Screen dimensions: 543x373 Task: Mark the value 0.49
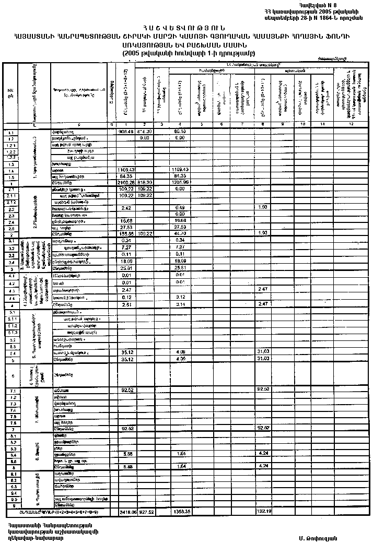tap(180, 207)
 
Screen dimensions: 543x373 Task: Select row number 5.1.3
tap(10, 333)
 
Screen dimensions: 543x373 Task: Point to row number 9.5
tap(10, 499)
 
